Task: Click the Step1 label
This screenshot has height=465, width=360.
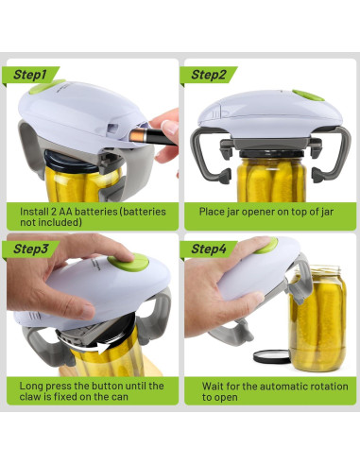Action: point(33,75)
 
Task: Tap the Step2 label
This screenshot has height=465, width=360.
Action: point(210,75)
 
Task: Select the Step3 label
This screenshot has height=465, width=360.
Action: point(33,249)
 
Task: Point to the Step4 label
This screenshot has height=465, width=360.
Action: point(210,249)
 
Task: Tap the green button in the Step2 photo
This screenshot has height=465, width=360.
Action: point(305,95)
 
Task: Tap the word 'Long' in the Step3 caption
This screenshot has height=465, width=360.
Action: point(34,386)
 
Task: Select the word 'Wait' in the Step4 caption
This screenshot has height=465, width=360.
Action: point(214,386)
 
